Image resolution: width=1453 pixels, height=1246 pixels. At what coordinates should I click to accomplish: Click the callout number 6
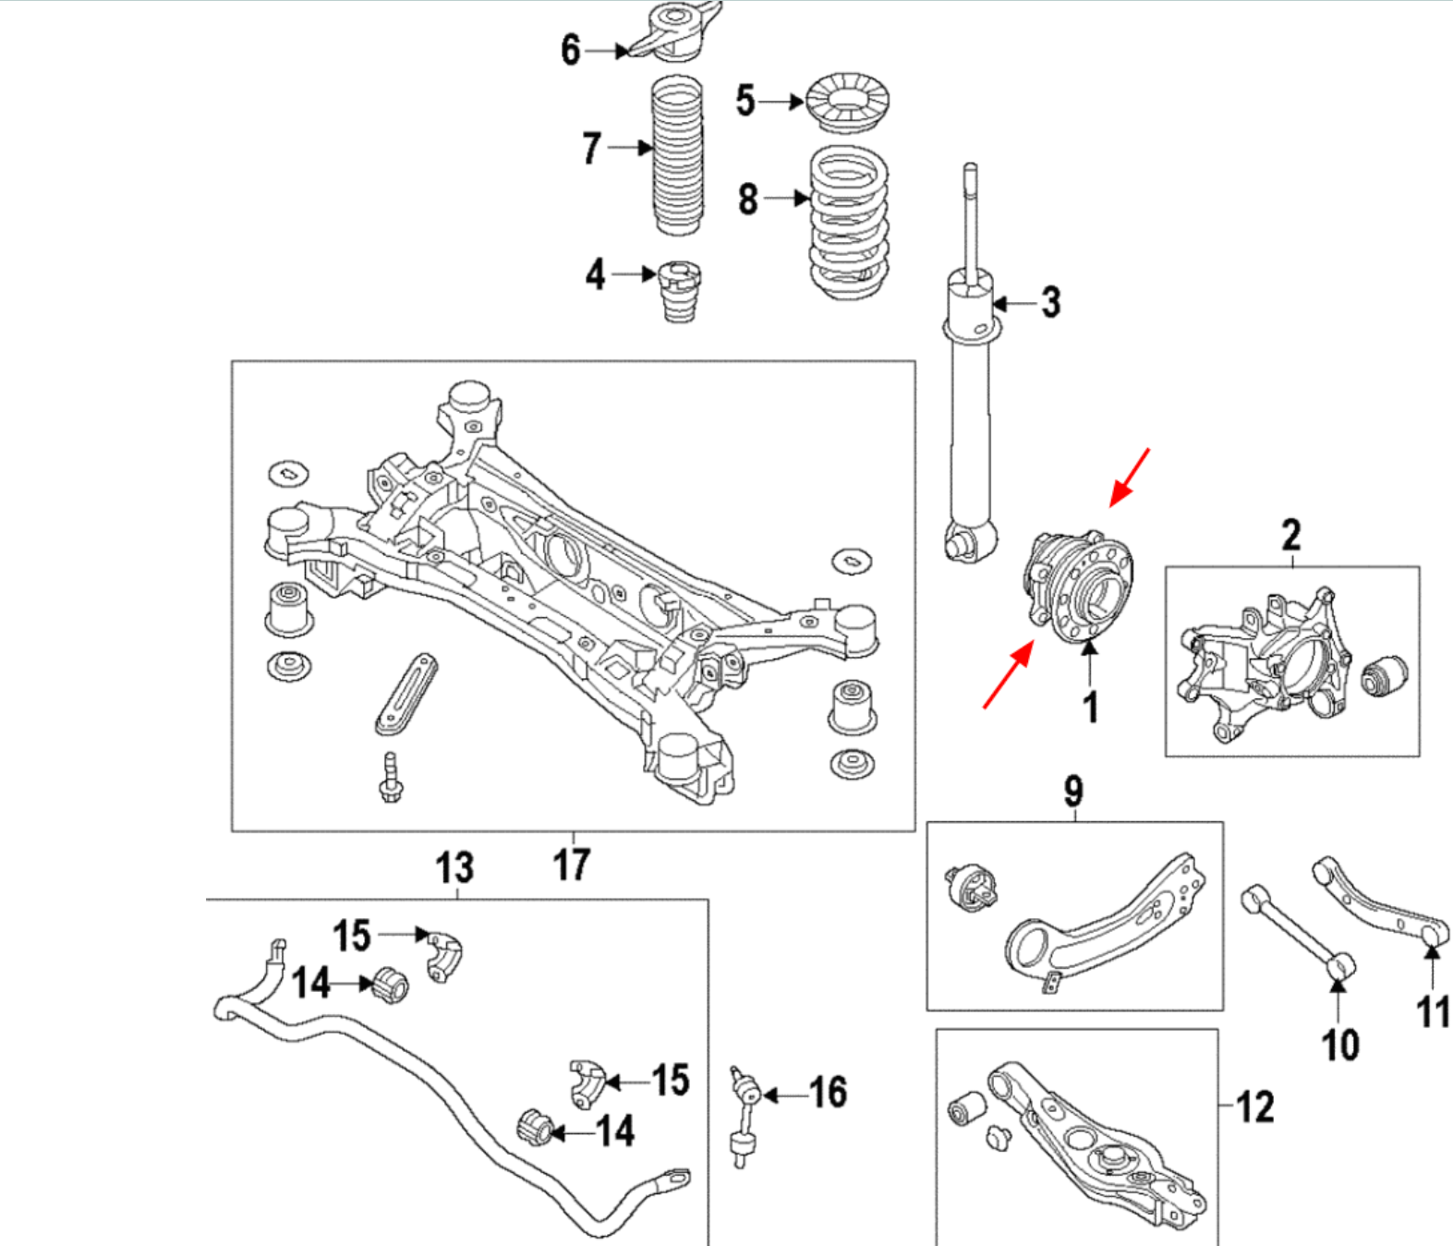(x=570, y=50)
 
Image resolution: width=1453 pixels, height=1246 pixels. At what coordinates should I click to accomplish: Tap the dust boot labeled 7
(x=679, y=158)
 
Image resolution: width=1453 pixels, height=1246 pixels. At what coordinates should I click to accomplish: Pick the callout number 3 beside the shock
(x=1050, y=302)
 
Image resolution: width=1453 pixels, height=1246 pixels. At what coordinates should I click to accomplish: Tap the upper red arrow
(x=1129, y=478)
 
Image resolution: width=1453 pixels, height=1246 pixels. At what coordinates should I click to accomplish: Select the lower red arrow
(x=1008, y=677)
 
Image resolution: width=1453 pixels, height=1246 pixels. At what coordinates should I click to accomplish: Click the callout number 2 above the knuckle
(x=1290, y=534)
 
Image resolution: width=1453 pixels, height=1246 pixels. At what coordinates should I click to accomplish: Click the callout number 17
(x=571, y=865)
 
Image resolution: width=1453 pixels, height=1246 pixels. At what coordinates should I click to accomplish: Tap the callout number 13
(x=454, y=867)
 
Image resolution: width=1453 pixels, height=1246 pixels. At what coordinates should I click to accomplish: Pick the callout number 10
(x=1339, y=1045)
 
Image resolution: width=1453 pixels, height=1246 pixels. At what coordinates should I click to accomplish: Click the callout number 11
(x=1433, y=1011)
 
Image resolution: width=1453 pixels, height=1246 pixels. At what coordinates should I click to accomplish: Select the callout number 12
(x=1254, y=1107)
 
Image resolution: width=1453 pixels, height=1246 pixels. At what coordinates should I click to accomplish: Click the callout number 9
(x=1072, y=791)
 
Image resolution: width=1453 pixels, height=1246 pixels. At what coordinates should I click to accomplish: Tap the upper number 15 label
(x=351, y=936)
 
